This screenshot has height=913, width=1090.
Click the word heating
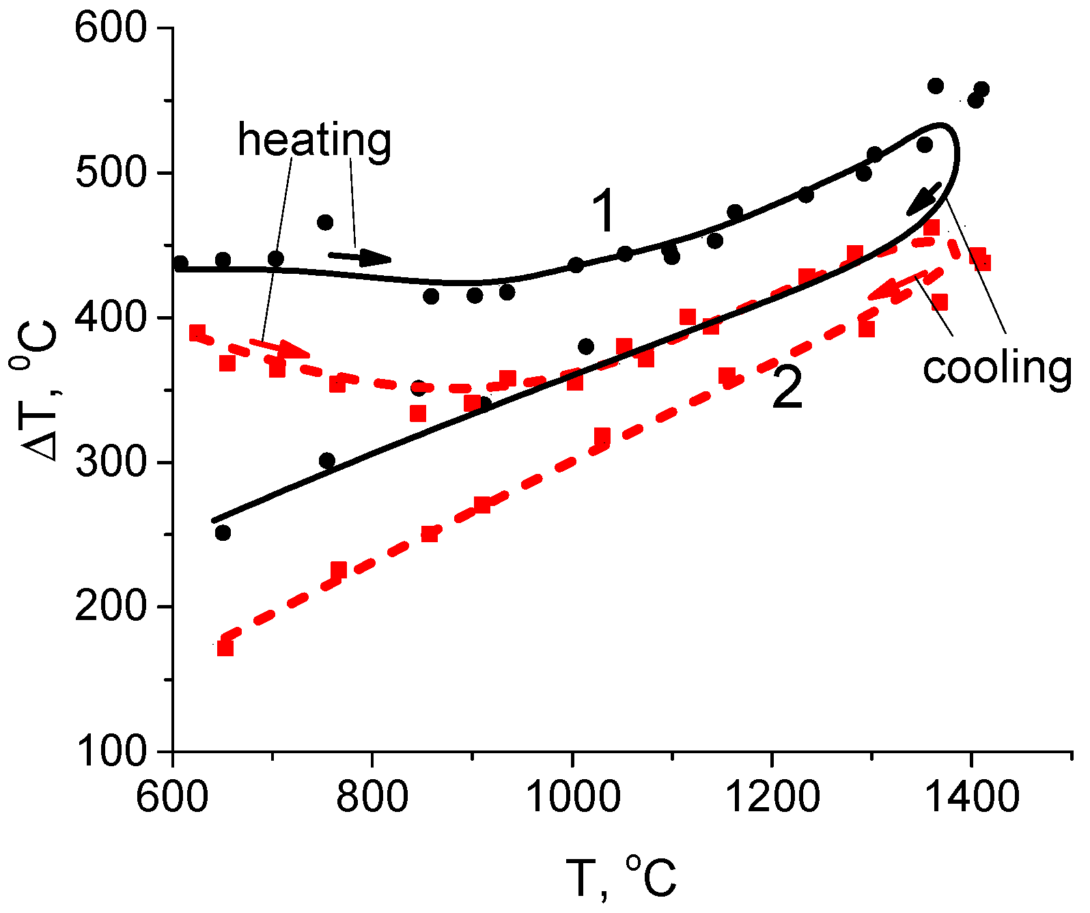pos(314,141)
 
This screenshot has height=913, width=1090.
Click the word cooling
pos(996,368)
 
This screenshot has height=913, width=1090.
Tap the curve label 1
pos(604,212)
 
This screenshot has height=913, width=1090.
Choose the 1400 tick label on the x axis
pos(970,796)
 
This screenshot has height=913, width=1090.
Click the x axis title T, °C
pos(621,877)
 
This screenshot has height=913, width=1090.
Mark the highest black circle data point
pos(936,86)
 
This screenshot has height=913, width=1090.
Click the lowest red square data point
pos(225,647)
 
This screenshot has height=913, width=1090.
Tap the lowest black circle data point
pos(223,533)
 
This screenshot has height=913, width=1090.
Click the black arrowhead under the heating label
pos(375,257)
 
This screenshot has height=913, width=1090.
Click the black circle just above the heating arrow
pos(325,223)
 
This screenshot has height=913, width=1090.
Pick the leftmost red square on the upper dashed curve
pos(197,333)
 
